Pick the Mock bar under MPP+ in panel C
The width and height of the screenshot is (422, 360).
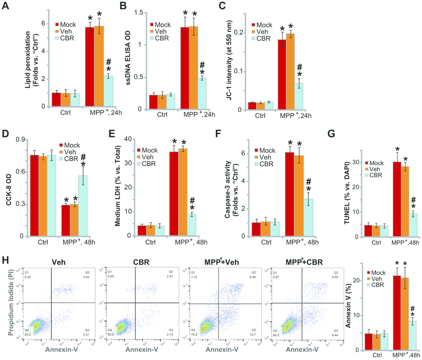pos(282,74)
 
